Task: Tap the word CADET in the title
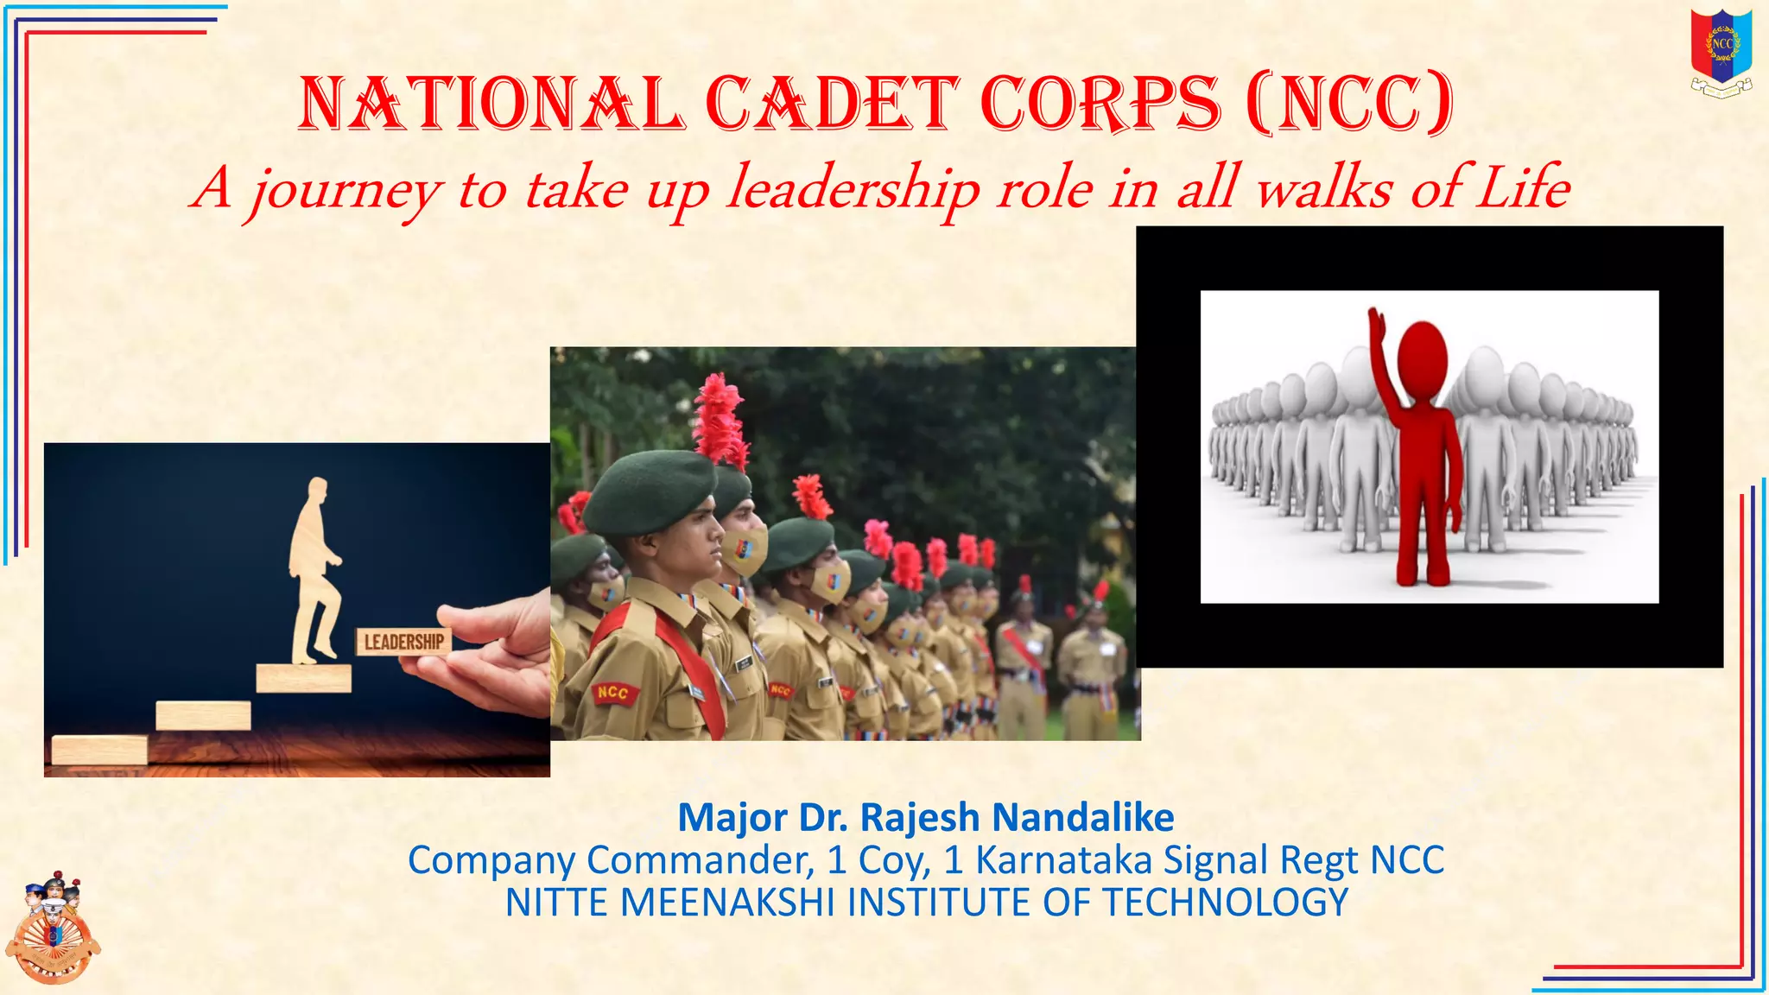(832, 104)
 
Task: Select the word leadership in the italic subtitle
(853, 188)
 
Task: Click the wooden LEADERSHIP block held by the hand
(403, 642)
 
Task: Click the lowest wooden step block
(99, 749)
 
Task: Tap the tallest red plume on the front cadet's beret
(720, 420)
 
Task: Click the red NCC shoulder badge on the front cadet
(614, 693)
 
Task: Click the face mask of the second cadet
(745, 550)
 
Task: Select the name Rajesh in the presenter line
(919, 817)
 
